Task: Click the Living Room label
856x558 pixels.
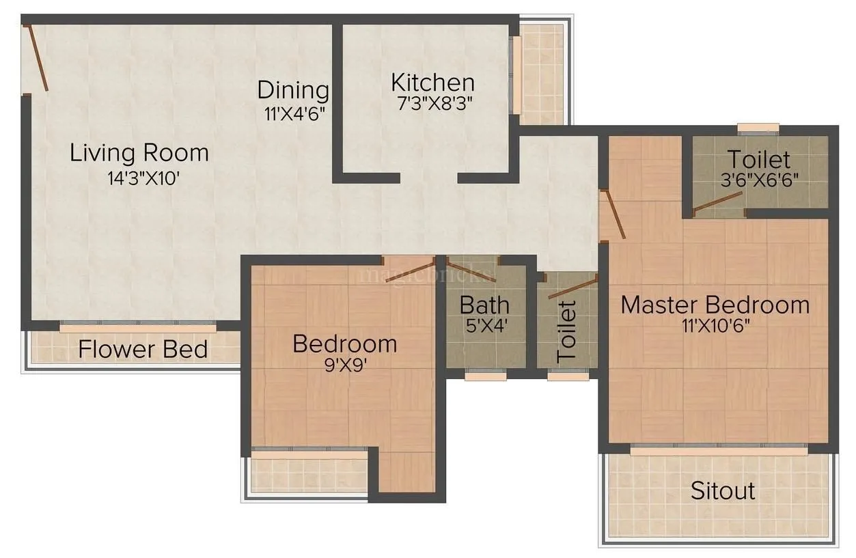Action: [x=139, y=152]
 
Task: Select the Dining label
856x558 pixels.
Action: [x=293, y=90]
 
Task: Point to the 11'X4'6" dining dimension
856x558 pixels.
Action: [x=293, y=113]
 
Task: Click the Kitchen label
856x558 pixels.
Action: [x=432, y=83]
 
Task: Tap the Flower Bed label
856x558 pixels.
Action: [x=143, y=350]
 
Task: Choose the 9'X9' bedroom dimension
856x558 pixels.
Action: [x=344, y=364]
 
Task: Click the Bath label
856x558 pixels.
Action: [x=484, y=304]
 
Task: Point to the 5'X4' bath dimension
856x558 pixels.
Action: [x=484, y=325]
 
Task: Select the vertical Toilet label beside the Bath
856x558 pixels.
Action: [x=568, y=331]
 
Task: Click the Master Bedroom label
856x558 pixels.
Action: [x=715, y=304]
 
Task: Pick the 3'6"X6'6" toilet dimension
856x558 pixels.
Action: [x=758, y=182]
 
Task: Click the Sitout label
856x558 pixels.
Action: [x=722, y=490]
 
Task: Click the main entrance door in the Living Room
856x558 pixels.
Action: [x=36, y=59]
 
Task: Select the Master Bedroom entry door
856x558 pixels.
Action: [x=613, y=214]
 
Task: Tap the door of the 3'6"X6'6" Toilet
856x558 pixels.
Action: [x=717, y=202]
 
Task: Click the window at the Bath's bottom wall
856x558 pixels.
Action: [x=486, y=374]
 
